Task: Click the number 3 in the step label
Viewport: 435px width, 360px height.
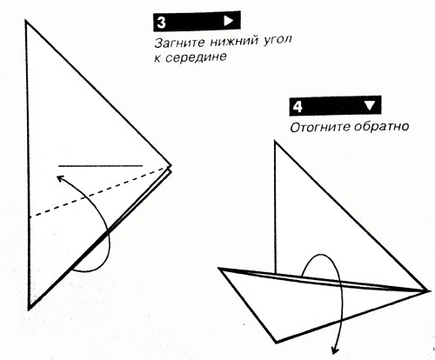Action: [x=161, y=23]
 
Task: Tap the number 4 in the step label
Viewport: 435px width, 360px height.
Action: [x=298, y=107]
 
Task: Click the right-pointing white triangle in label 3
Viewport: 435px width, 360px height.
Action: [x=229, y=21]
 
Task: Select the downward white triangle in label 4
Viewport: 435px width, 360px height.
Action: [x=370, y=106]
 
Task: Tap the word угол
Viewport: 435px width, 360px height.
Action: [x=277, y=40]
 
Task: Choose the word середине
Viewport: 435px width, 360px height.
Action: [x=196, y=57]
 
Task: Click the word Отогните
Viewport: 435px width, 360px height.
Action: [x=319, y=127]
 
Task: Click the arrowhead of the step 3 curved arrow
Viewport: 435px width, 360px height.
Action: [x=60, y=177]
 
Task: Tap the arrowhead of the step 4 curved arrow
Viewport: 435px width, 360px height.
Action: [x=335, y=350]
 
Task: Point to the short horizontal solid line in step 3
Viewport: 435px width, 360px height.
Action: [x=100, y=166]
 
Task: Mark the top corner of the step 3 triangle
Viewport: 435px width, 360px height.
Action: [x=26, y=21]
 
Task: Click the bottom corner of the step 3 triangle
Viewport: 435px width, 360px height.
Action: [x=29, y=309]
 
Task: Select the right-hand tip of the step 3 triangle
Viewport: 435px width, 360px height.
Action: [x=171, y=166]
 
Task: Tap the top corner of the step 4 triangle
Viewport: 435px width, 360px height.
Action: [x=275, y=142]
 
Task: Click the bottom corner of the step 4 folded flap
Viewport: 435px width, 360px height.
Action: [x=277, y=343]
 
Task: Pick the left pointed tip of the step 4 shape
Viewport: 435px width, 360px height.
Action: [x=218, y=269]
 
